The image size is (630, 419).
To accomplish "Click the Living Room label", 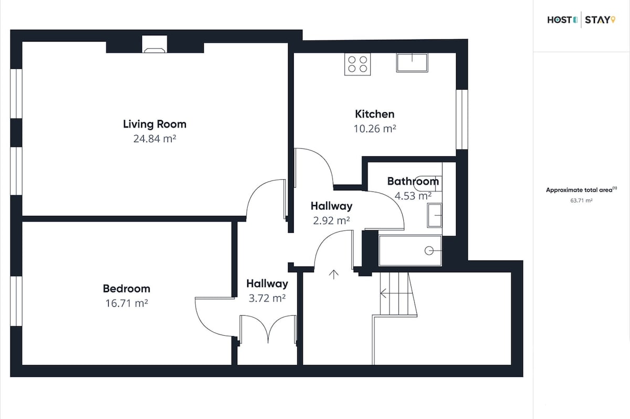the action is tap(155, 124).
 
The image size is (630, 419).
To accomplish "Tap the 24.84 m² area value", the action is tap(155, 138).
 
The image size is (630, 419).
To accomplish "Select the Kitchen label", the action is tap(375, 114).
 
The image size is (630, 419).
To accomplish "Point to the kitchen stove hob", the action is tap(358, 64).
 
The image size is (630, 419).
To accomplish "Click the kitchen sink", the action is tap(412, 63).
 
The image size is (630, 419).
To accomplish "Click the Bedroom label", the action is tap(127, 288).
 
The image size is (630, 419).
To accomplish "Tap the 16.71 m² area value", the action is tap(127, 303).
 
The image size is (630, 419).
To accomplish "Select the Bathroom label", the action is tap(413, 181).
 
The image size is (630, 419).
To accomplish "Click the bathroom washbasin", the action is tap(435, 215).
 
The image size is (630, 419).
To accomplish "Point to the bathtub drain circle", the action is tap(429, 250).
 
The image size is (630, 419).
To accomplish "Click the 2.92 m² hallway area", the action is tap(331, 221).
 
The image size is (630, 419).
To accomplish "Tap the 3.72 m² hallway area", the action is tap(267, 298).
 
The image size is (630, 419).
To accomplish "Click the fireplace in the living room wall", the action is tap(154, 44).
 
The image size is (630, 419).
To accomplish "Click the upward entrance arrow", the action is tap(333, 275).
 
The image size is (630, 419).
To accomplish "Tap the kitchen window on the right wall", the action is tap(462, 120).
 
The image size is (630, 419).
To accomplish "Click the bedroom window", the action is tap(16, 301).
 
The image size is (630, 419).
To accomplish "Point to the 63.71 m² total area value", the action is tap(581, 200).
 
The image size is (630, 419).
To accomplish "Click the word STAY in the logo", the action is tap(597, 20).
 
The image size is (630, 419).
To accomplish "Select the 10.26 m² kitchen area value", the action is tap(375, 128).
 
